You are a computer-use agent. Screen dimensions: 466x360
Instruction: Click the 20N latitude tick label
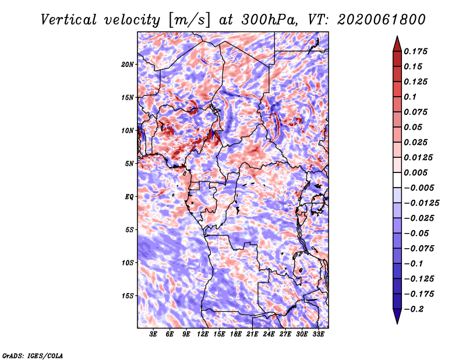[x=127, y=65]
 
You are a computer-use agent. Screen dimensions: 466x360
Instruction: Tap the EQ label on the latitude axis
[x=129, y=197]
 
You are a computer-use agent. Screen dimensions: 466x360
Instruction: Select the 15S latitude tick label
[x=128, y=296]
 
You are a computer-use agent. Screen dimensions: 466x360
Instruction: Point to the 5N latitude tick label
[x=129, y=164]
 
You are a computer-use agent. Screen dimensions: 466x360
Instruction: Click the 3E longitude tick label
[x=153, y=334]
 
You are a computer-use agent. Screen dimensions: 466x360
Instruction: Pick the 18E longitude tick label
[x=236, y=334]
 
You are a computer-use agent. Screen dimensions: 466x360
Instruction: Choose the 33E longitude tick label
[x=318, y=334]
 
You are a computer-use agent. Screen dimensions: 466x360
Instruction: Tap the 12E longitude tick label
[x=203, y=334]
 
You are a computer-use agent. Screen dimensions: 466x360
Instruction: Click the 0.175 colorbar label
[x=415, y=51]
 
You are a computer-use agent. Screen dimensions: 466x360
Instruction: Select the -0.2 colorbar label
[x=414, y=309]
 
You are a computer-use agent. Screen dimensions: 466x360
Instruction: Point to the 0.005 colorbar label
[x=415, y=172]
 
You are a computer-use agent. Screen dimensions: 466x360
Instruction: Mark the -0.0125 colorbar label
[x=421, y=203]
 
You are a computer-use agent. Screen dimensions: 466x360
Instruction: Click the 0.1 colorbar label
[x=410, y=97]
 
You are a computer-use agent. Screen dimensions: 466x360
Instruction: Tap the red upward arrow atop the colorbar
[x=397, y=44]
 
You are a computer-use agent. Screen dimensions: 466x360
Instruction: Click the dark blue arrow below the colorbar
[x=397, y=316]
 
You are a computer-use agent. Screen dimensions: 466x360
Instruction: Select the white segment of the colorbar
[x=397, y=180]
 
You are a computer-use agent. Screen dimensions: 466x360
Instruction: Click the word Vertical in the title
[x=69, y=20]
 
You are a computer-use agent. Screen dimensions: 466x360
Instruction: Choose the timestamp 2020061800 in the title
[x=382, y=20]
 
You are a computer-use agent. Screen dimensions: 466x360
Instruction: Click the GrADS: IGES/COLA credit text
[x=33, y=355]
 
